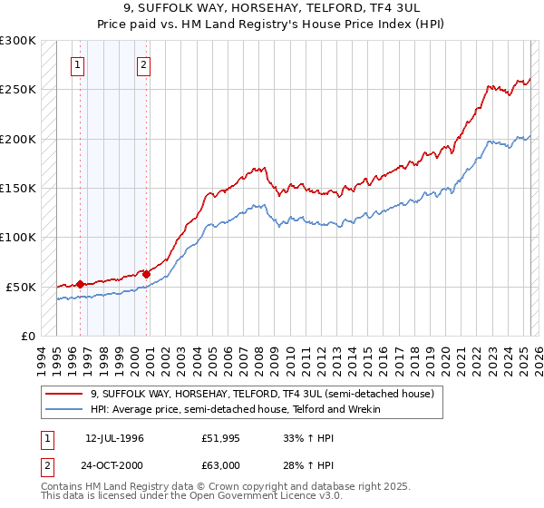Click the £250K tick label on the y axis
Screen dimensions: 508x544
[18, 90]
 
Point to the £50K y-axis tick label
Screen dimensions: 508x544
[21, 287]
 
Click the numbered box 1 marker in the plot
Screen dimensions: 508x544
[79, 64]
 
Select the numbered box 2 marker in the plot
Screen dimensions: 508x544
[144, 64]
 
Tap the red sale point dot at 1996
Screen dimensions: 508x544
[80, 284]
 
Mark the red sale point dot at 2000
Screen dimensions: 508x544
[147, 273]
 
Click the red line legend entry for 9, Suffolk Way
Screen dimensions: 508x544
[263, 395]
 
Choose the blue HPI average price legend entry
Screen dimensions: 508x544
[235, 409]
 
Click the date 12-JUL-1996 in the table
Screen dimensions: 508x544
[114, 438]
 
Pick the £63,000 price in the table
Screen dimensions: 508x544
[220, 465]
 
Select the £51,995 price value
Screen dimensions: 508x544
[220, 438]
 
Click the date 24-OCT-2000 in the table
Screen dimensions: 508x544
[114, 465]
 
